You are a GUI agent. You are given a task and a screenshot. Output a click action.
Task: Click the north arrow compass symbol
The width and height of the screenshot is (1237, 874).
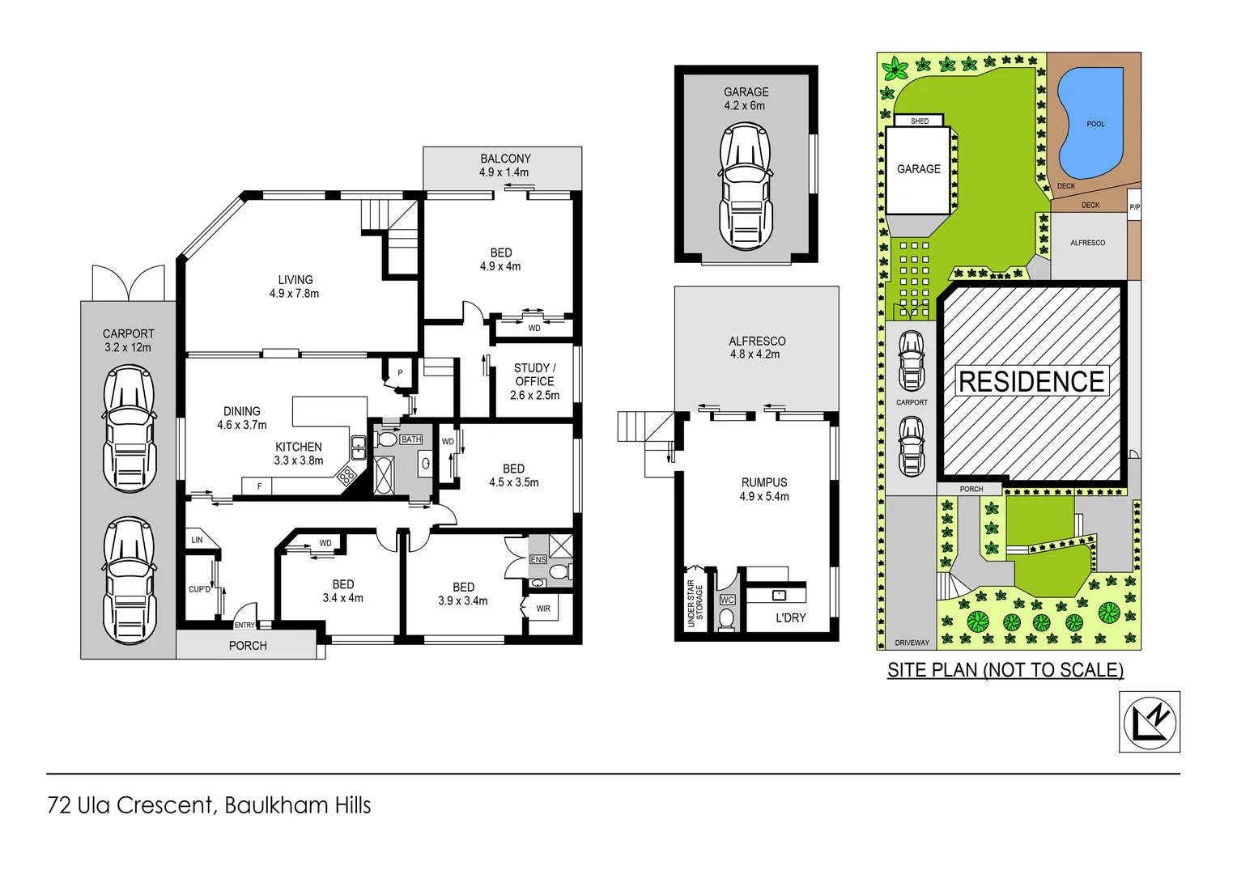pos(1150,722)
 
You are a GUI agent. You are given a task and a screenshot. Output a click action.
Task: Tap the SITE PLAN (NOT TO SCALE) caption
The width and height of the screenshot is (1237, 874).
pos(1005,670)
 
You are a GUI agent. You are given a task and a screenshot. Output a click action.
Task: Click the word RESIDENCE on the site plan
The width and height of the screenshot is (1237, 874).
pos(1031,382)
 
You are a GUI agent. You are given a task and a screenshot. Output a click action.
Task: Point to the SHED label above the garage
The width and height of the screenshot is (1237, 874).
pos(920,121)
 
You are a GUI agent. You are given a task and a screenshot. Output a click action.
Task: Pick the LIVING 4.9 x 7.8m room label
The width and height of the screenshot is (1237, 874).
pos(295,286)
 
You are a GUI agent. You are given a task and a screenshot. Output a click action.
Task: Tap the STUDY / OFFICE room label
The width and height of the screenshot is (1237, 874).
pos(534,381)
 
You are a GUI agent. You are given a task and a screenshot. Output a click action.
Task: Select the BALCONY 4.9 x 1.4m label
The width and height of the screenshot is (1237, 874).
pos(504,165)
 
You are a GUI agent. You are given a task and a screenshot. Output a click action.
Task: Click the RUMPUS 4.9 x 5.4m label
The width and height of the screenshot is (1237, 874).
pos(763,490)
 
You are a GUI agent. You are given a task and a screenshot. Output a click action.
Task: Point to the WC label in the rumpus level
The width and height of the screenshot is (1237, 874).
pos(727,600)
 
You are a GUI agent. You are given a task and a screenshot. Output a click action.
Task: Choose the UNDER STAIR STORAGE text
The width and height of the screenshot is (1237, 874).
pos(695,603)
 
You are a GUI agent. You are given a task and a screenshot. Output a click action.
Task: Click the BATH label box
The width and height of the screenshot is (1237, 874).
pos(411,439)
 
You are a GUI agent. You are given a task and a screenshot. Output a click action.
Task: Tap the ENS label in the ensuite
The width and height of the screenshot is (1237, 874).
pos(538,559)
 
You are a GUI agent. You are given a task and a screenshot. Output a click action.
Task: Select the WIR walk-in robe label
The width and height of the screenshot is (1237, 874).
pos(543,609)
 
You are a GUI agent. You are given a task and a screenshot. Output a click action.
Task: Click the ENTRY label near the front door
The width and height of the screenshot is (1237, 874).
pos(244,626)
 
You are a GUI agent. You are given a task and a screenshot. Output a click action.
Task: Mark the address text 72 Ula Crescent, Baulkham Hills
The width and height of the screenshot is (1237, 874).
pos(210,805)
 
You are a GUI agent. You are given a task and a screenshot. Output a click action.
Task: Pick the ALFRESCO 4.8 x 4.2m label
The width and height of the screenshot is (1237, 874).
pos(757,347)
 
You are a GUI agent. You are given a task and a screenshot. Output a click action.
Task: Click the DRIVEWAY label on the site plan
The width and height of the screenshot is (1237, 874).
pos(912,643)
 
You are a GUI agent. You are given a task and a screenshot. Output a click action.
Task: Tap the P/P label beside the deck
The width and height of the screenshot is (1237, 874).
pos(1134,207)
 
